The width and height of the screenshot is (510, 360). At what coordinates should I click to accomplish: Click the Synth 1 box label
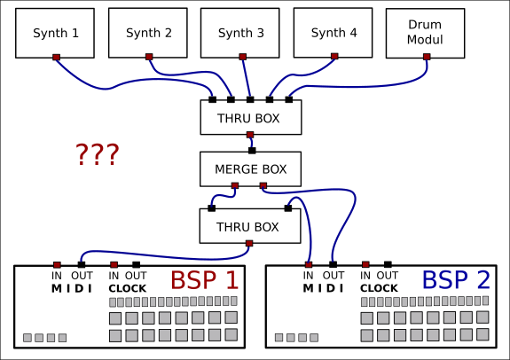tap(56, 33)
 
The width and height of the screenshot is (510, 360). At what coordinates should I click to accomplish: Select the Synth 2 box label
tap(149, 33)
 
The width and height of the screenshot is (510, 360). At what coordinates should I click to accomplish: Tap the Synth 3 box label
tap(241, 33)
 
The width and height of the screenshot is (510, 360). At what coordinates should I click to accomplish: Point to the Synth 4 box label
tap(333, 33)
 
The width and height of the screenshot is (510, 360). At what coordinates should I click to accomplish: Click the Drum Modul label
tap(425, 32)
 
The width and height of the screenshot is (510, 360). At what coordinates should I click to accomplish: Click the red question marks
tap(98, 154)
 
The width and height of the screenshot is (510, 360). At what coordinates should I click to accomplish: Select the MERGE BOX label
tap(250, 169)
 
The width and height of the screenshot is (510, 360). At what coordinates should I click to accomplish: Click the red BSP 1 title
tap(204, 279)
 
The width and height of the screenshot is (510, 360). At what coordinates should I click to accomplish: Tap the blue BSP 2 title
tap(456, 279)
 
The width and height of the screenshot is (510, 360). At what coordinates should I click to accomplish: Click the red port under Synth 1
tap(56, 58)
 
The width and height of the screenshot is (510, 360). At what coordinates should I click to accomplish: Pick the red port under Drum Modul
tap(427, 57)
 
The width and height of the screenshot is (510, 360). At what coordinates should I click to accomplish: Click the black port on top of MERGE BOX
tap(252, 151)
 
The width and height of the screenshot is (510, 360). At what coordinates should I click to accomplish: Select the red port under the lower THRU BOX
tap(249, 243)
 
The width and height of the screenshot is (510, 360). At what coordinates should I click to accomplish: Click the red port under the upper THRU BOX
tap(250, 135)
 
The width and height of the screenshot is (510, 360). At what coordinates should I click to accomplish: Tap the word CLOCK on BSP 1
tap(128, 288)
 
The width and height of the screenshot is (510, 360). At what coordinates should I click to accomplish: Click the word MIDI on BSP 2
tap(323, 288)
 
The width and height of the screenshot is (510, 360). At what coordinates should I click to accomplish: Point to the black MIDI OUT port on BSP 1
tap(82, 265)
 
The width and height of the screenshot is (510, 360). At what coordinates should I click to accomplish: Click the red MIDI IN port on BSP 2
tap(309, 265)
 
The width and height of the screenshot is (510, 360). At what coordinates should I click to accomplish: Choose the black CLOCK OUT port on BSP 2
tap(388, 264)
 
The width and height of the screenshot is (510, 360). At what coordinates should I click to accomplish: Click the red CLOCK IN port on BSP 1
tap(114, 265)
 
